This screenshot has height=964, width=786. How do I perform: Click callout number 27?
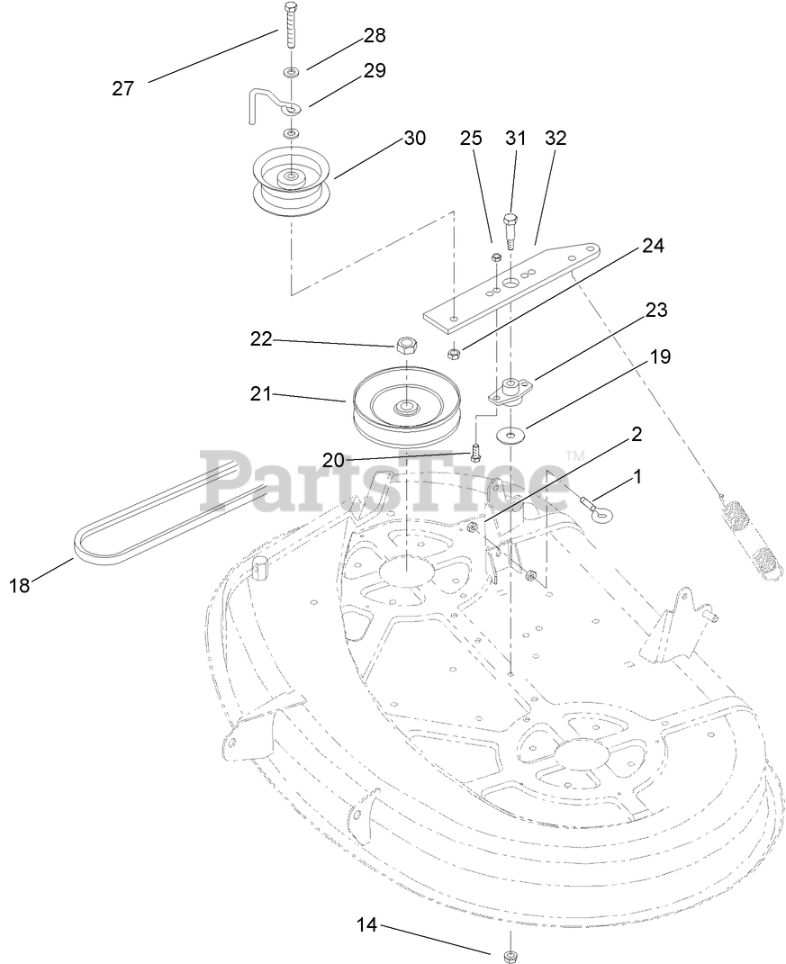click(122, 88)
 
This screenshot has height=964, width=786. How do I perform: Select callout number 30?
click(414, 138)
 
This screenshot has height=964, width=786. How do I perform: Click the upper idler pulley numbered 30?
click(292, 183)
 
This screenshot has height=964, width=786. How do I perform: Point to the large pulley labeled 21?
click(408, 405)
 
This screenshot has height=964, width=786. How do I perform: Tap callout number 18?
click(19, 585)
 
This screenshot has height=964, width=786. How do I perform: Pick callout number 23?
click(656, 310)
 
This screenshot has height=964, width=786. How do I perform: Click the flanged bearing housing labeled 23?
click(511, 391)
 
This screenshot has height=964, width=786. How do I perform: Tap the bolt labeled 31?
click(511, 228)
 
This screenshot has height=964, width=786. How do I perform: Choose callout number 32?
click(556, 138)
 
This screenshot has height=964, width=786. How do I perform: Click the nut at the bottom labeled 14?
click(509, 954)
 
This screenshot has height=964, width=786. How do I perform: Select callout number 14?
click(366, 924)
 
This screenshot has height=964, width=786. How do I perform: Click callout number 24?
click(653, 246)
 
